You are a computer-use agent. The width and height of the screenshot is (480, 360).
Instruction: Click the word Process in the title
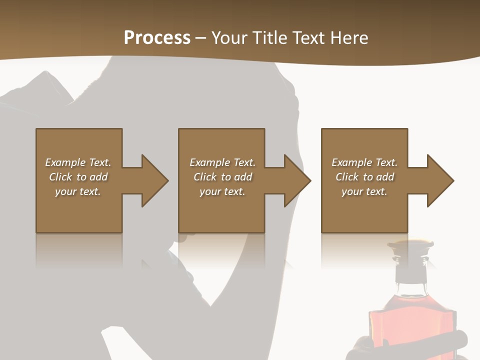click(157, 38)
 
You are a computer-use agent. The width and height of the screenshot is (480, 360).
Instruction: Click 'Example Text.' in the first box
click(78, 162)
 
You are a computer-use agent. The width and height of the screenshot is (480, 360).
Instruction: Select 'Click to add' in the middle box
click(222, 177)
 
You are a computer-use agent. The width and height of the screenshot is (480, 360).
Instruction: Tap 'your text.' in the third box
click(364, 191)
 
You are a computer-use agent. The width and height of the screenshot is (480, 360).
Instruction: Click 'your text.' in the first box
click(78, 191)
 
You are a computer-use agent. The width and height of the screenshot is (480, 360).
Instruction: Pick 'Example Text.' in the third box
click(364, 162)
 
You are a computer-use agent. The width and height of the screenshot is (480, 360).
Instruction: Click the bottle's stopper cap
click(411, 247)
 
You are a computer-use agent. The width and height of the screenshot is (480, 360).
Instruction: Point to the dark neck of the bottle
click(411, 272)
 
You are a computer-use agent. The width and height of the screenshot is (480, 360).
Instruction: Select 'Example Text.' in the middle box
click(222, 162)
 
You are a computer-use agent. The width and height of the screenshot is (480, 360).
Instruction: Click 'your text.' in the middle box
click(222, 191)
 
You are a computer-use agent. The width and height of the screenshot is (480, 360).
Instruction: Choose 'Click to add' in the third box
click(364, 177)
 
